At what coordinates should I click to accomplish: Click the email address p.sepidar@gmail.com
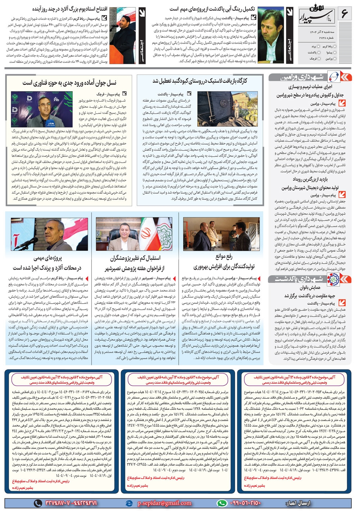click(164, 503)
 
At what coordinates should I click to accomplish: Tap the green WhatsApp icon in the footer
click(222, 503)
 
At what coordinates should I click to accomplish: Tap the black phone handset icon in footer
click(38, 503)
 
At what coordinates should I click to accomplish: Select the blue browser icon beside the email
click(129, 503)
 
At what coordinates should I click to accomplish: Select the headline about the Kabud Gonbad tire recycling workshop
click(200, 81)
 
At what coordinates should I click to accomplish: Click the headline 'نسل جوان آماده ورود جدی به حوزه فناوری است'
click(69, 83)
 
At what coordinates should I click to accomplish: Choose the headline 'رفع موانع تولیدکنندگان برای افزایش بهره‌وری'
click(224, 262)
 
